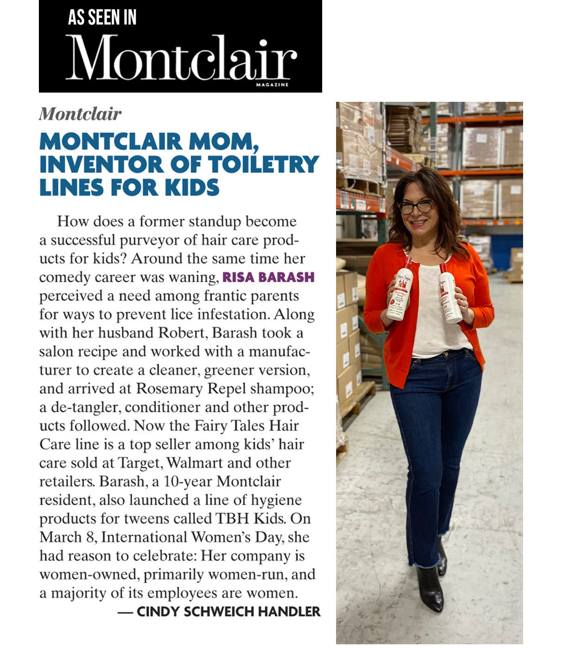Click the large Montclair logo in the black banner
click(181, 58)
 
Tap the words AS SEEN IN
click(102, 18)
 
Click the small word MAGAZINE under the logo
click(272, 85)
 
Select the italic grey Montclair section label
click(80, 114)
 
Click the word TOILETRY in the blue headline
click(263, 164)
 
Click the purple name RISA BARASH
click(268, 277)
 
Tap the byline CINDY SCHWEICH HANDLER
click(228, 611)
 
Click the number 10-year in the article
click(187, 481)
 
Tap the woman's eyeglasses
click(416, 207)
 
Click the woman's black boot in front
click(429, 589)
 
